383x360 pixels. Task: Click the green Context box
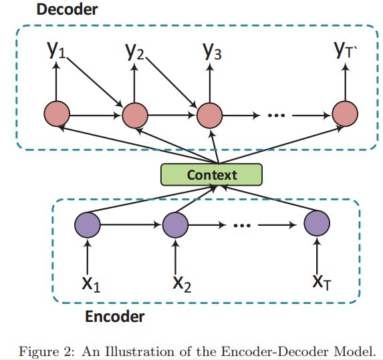pyautogui.click(x=211, y=174)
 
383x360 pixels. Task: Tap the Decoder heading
pyautogui.click(x=67, y=9)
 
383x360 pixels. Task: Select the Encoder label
pyautogui.click(x=114, y=317)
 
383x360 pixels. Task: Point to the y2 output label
pyautogui.click(x=135, y=51)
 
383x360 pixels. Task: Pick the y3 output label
pyautogui.click(x=213, y=51)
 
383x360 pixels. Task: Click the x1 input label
pyautogui.click(x=91, y=284)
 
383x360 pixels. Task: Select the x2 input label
pyautogui.click(x=182, y=284)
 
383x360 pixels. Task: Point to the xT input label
pyautogui.click(x=322, y=283)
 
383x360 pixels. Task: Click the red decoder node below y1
pyautogui.click(x=57, y=114)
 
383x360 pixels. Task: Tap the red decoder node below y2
pyautogui.click(x=135, y=115)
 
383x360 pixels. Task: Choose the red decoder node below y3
pyautogui.click(x=210, y=115)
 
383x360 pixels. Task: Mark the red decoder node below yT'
pyautogui.click(x=345, y=114)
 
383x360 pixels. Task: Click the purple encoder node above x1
pyautogui.click(x=88, y=225)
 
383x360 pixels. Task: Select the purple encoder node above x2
pyautogui.click(x=175, y=225)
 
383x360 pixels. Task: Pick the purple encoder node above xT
pyautogui.click(x=317, y=223)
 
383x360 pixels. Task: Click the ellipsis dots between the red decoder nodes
pyautogui.click(x=276, y=115)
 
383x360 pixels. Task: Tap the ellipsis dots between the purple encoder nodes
pyautogui.click(x=242, y=226)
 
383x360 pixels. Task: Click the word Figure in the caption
pyautogui.click(x=39, y=352)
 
